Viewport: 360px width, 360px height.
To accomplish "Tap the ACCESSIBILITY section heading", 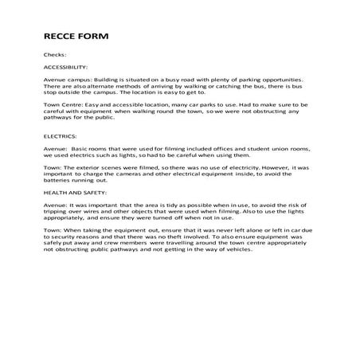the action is pyautogui.click(x=65, y=68).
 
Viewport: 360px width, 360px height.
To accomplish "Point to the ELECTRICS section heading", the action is pyautogui.click(x=60, y=136).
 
